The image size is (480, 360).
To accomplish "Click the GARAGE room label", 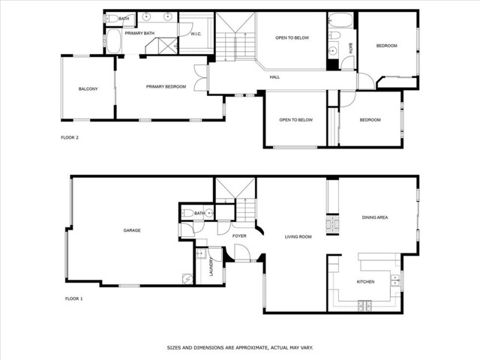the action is pyautogui.click(x=132, y=230).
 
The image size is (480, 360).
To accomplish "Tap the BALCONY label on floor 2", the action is pyautogui.click(x=88, y=89).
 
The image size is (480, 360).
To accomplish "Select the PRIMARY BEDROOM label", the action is pyautogui.click(x=166, y=87).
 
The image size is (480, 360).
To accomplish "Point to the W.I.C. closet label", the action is pyautogui.click(x=196, y=34).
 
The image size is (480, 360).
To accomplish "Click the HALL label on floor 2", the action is pyautogui.click(x=274, y=77).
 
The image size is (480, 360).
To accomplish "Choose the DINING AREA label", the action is pyautogui.click(x=375, y=217).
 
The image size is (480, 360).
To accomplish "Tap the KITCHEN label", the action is pyautogui.click(x=365, y=282).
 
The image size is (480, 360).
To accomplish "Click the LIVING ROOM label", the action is pyautogui.click(x=298, y=237).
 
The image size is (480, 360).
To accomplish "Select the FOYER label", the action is pyautogui.click(x=239, y=235).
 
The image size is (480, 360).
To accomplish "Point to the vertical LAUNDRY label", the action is pyautogui.click(x=211, y=267).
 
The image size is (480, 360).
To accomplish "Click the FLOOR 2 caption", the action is pyautogui.click(x=70, y=138).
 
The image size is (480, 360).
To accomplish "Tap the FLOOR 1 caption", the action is pyautogui.click(x=73, y=298).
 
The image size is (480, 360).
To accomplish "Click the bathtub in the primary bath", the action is pyautogui.click(x=114, y=41).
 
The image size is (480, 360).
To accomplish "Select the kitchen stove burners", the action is pyautogui.click(x=364, y=305).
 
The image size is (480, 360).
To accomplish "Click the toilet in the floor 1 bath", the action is pyautogui.click(x=187, y=213).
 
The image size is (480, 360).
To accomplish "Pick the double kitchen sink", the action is pyautogui.click(x=395, y=280).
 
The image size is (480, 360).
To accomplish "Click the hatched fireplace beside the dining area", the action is pyautogui.click(x=332, y=224).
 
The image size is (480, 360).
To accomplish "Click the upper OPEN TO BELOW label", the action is pyautogui.click(x=292, y=38).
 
